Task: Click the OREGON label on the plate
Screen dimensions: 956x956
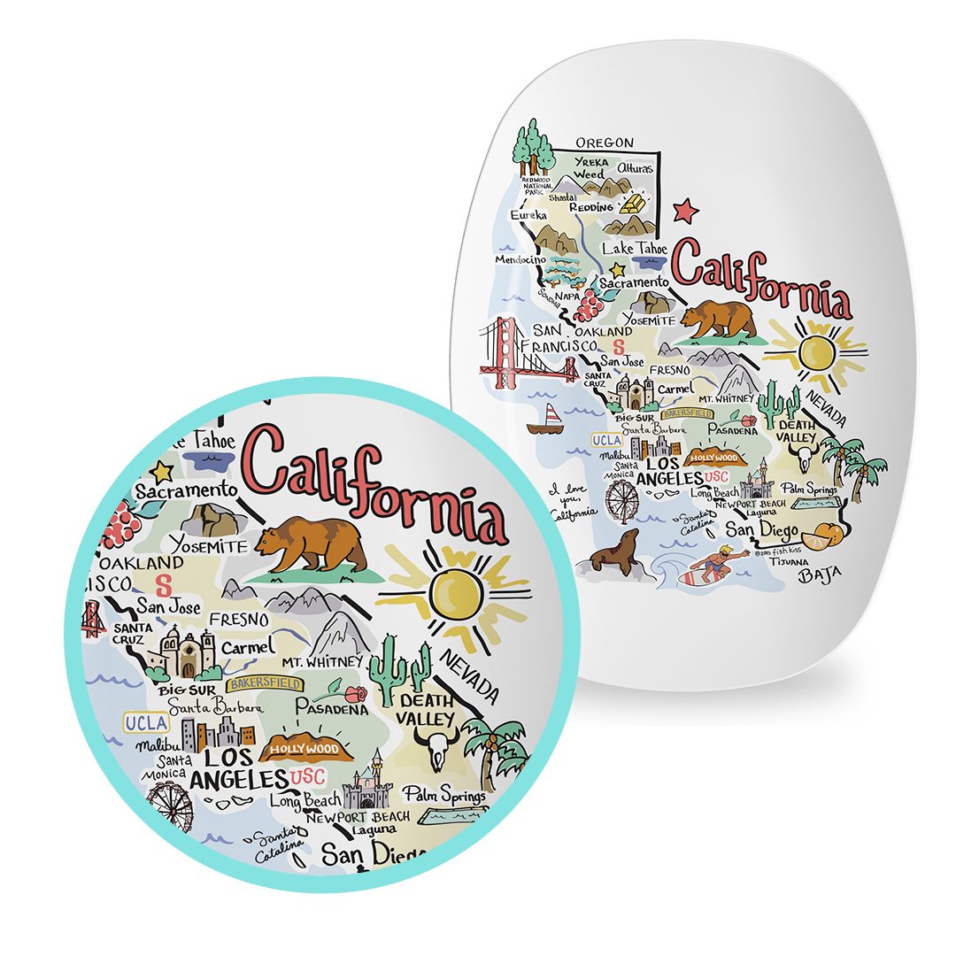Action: click(x=605, y=143)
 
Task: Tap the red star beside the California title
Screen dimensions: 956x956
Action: click(x=685, y=212)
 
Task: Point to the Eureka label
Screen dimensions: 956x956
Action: click(x=529, y=214)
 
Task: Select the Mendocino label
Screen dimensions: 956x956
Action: click(x=519, y=261)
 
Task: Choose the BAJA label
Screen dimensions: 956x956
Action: click(x=819, y=577)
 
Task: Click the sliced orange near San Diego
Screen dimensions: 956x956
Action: click(x=813, y=534)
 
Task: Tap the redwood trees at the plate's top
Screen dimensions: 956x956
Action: click(x=532, y=147)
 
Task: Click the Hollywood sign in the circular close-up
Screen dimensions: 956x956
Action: click(x=305, y=749)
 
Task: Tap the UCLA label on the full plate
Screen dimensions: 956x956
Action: click(x=607, y=440)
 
